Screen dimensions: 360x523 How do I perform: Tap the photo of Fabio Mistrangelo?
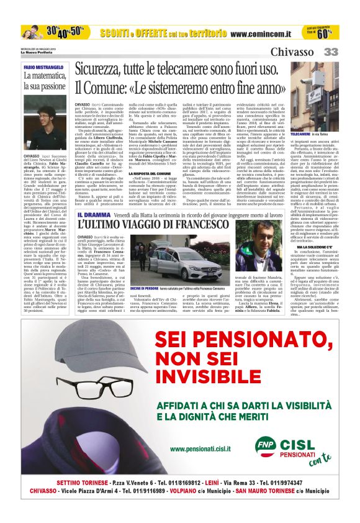44,114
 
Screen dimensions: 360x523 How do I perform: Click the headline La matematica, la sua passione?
44,81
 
